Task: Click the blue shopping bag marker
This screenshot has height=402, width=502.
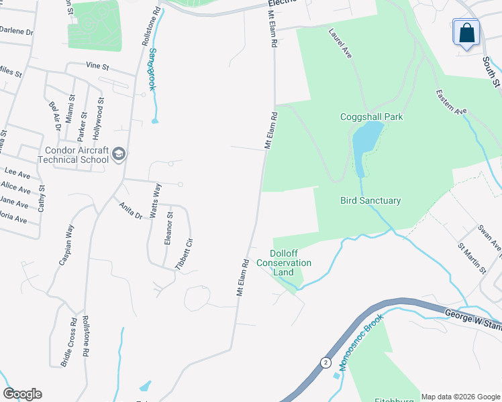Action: coord(466,32)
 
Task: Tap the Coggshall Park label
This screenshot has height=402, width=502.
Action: coord(371,117)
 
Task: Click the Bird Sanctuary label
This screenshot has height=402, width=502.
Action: coord(370,200)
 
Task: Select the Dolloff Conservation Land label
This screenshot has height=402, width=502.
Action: coord(291,263)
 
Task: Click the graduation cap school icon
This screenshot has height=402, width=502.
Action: coord(119,155)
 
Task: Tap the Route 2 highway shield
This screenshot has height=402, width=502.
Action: coord(325,362)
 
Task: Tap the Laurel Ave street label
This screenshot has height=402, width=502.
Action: coord(340,42)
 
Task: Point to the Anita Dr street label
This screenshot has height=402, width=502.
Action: coord(130,211)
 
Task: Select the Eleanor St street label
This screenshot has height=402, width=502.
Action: coord(169,229)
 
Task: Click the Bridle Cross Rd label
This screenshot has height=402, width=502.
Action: coord(69,341)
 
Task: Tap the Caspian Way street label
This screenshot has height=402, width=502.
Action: coord(66,245)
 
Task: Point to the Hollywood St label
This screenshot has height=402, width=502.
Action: coord(98,118)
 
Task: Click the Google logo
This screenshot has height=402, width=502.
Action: coord(22,394)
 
